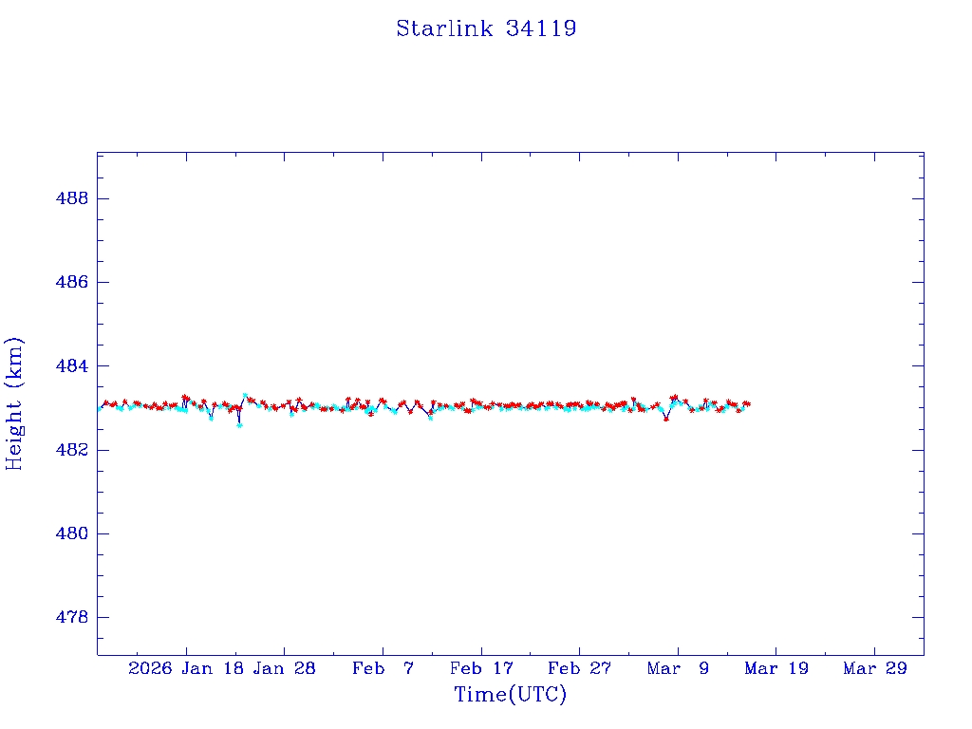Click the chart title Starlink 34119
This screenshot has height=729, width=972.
coord(486,28)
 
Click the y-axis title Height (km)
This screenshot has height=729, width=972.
coord(14,403)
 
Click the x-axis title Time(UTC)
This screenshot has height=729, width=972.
coord(510,695)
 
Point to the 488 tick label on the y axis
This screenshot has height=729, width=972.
coord(73,198)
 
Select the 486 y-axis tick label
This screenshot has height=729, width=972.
coord(73,282)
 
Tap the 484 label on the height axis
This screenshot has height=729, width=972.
coord(73,365)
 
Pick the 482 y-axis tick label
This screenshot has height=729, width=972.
coord(73,450)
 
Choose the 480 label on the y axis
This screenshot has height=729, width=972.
coord(73,533)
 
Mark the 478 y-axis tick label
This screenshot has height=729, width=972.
coord(73,617)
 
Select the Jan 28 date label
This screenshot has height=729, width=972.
coord(284,669)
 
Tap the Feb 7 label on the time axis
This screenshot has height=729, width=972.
coord(383,669)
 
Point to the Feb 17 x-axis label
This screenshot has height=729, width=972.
coord(481,669)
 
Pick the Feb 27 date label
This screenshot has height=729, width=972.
coord(579,669)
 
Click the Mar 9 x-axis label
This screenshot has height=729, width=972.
coord(678,669)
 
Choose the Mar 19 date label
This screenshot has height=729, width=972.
coord(776,669)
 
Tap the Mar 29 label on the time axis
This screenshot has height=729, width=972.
coord(874,669)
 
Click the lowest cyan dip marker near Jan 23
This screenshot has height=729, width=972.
coord(239,425)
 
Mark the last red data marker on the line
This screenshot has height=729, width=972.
coord(748,403)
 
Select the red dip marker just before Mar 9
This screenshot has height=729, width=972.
coord(666,419)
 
